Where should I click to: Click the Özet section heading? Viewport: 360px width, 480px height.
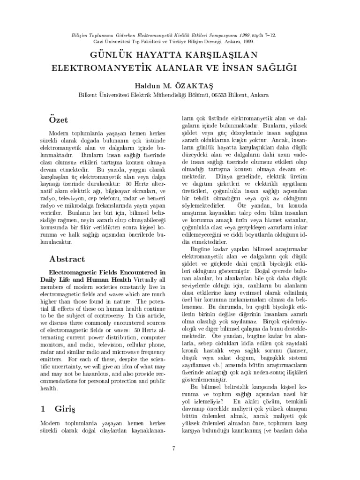coord(59,120)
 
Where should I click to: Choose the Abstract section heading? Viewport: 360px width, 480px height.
coord(67,259)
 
